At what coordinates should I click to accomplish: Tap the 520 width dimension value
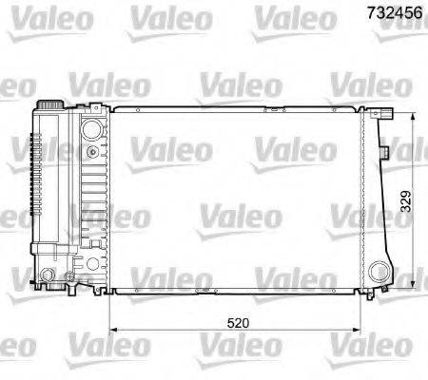pyautogui.click(x=240, y=323)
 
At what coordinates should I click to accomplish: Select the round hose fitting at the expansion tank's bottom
pyautogui.click(x=45, y=277)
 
